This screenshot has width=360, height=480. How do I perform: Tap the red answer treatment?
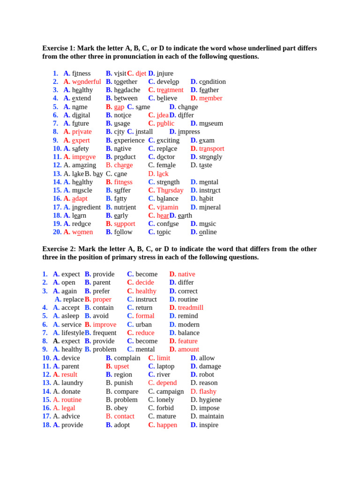tap(170, 90)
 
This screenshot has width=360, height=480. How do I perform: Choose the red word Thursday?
tap(170, 190)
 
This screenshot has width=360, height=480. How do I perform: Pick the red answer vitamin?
tap(167, 207)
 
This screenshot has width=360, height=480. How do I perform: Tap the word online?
tap(208, 232)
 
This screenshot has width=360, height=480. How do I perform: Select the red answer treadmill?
tap(191, 307)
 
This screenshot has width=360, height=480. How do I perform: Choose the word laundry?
tap(72, 383)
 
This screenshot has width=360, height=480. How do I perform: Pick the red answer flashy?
tap(208, 391)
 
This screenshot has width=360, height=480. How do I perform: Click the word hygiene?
tap(210, 400)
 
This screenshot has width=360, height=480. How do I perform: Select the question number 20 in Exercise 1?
tap(57, 232)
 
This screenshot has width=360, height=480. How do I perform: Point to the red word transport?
tap(211, 149)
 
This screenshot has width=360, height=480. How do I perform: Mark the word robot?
tap(207, 375)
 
